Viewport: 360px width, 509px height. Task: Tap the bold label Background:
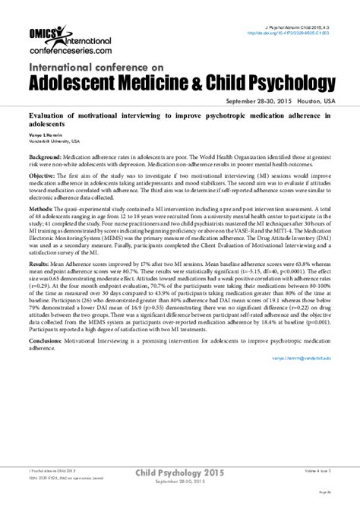tap(47, 153)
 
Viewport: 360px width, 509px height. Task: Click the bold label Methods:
tap(43, 207)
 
